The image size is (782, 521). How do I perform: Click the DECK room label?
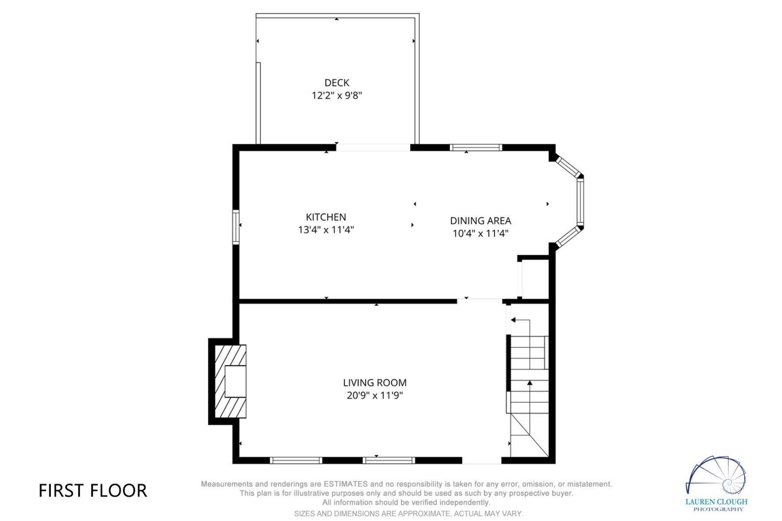(x=337, y=83)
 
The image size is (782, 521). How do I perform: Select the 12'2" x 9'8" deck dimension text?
(x=337, y=96)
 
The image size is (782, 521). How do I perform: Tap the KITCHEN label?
(x=326, y=217)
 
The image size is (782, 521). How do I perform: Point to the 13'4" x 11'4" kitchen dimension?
(x=326, y=230)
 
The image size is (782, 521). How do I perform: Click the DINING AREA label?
(x=481, y=221)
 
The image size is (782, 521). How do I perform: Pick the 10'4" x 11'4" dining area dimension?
(x=481, y=234)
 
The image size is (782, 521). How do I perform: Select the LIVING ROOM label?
(x=375, y=383)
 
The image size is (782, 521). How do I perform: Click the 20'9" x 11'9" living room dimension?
(x=375, y=396)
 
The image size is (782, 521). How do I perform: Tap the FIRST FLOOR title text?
(x=93, y=491)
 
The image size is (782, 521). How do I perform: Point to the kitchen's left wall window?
(x=235, y=227)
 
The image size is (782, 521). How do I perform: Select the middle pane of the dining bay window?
(x=580, y=202)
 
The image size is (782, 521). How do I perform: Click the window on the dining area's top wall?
(x=476, y=147)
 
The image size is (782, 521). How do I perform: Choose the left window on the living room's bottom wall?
(x=296, y=460)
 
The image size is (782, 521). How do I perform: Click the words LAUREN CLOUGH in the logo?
(x=716, y=502)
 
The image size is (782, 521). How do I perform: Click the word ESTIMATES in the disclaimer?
(x=346, y=484)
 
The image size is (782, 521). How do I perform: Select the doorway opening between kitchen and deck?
(x=373, y=147)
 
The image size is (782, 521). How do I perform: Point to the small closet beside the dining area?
(x=534, y=279)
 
